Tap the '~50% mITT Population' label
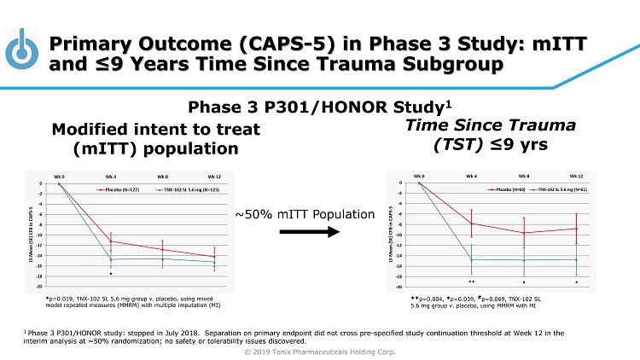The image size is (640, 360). pyautogui.click(x=305, y=213)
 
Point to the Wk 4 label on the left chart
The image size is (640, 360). pyautogui.click(x=110, y=176)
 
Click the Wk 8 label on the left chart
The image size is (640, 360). pyautogui.click(x=162, y=176)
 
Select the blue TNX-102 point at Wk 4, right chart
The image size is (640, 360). pyautogui.click(x=472, y=259)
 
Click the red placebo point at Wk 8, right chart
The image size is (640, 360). pyautogui.click(x=524, y=233)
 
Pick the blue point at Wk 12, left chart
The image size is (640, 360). pyautogui.click(x=214, y=262)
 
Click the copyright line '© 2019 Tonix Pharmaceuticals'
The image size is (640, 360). pyautogui.click(x=320, y=351)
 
